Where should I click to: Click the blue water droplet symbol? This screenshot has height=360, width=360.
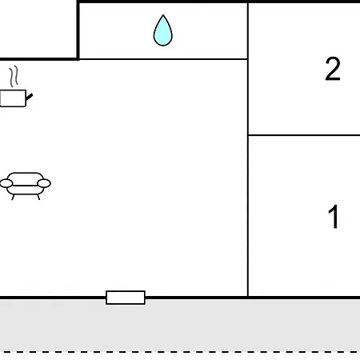[x=163, y=31]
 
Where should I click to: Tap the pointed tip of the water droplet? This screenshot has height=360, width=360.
[x=163, y=15]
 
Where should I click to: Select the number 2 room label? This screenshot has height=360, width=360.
[x=333, y=69]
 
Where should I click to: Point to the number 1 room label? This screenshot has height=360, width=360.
[x=334, y=217]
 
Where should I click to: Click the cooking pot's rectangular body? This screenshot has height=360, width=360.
[x=13, y=98]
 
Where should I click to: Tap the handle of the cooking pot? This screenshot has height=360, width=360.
[x=30, y=97]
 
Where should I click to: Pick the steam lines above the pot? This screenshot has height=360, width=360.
[x=14, y=76]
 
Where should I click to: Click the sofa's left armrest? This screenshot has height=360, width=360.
[x=6, y=183]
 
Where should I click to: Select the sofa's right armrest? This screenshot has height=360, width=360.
[x=44, y=183]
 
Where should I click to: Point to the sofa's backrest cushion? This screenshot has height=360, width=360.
[x=26, y=178]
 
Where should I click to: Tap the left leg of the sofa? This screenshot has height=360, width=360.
[x=13, y=197]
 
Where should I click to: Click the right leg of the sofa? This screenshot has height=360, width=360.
[x=38, y=197]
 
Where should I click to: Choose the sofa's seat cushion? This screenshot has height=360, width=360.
[x=26, y=190]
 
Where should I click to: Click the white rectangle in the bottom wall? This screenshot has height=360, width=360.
[x=126, y=298]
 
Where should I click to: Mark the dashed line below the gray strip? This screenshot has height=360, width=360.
[x=180, y=352]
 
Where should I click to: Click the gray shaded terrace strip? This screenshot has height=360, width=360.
[x=180, y=326]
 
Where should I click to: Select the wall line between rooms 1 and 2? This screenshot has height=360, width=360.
[x=304, y=135]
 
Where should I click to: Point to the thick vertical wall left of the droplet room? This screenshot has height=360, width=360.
[x=78, y=30]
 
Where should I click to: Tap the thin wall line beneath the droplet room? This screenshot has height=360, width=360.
[x=163, y=59]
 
